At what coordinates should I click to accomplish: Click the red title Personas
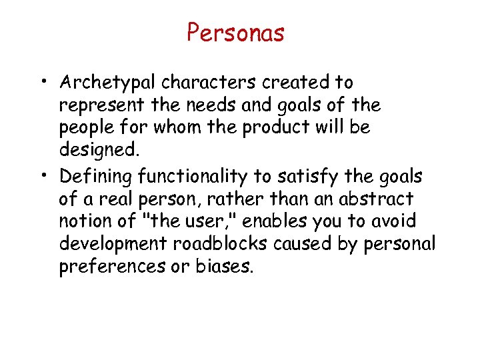click(235, 33)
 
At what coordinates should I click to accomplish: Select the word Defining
click(96, 176)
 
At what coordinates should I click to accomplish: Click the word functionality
click(193, 176)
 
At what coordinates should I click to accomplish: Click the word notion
click(85, 221)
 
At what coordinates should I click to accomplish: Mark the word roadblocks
click(214, 244)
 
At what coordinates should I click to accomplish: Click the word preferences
click(106, 267)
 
